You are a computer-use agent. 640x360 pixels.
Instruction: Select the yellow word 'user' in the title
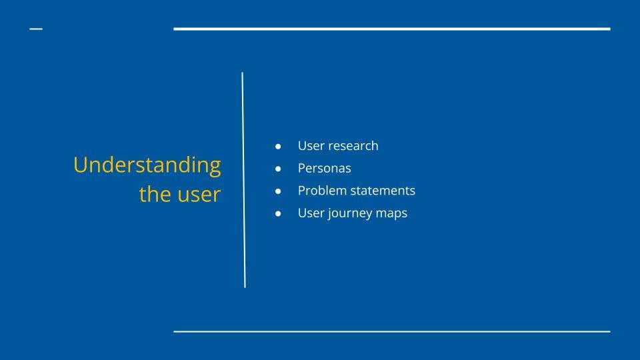[x=199, y=195]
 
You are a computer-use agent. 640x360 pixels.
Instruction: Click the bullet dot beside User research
[x=278, y=146]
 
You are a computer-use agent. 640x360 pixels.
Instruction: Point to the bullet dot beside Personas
[x=278, y=169]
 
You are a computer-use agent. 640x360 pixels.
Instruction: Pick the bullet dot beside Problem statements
[x=278, y=191]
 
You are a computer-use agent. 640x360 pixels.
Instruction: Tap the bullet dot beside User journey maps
[x=278, y=213]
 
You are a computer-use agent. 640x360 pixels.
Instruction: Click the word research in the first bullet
[x=353, y=146]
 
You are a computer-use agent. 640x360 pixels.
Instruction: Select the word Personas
[x=325, y=168]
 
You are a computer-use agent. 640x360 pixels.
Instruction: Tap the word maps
[x=392, y=214]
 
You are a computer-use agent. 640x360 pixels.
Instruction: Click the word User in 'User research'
[x=311, y=146]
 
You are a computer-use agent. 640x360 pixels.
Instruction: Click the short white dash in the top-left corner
[x=36, y=29]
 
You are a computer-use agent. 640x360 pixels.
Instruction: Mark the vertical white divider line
[x=244, y=180]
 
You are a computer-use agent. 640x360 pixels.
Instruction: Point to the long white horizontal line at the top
[x=392, y=29]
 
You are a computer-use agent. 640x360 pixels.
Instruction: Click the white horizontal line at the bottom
[x=392, y=331]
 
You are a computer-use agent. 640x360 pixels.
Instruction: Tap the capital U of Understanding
[x=81, y=165]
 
